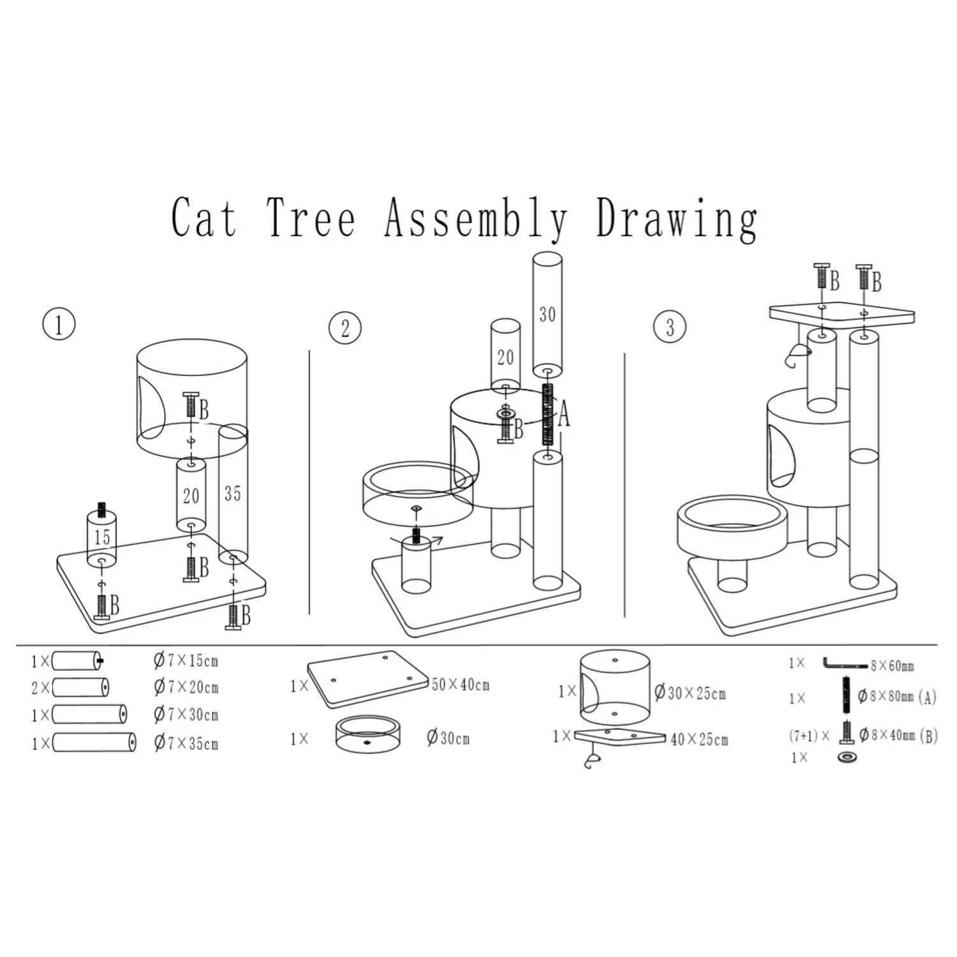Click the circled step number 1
pyautogui.click(x=59, y=325)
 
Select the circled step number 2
pyautogui.click(x=345, y=329)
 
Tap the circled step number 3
pyautogui.click(x=670, y=327)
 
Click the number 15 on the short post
pyautogui.click(x=102, y=537)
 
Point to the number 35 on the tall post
pyautogui.click(x=232, y=493)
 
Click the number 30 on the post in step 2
pyautogui.click(x=547, y=315)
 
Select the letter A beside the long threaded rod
pyautogui.click(x=563, y=417)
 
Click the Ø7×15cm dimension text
pyautogui.click(x=186, y=660)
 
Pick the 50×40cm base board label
pyautogui.click(x=461, y=685)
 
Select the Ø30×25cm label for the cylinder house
pyautogui.click(x=690, y=693)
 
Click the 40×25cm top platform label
pyautogui.click(x=699, y=739)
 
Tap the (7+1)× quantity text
pyautogui.click(x=809, y=736)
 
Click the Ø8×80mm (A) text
pyautogui.click(x=897, y=697)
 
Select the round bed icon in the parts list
pyautogui.click(x=367, y=736)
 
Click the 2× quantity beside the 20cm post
pyautogui.click(x=40, y=688)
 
